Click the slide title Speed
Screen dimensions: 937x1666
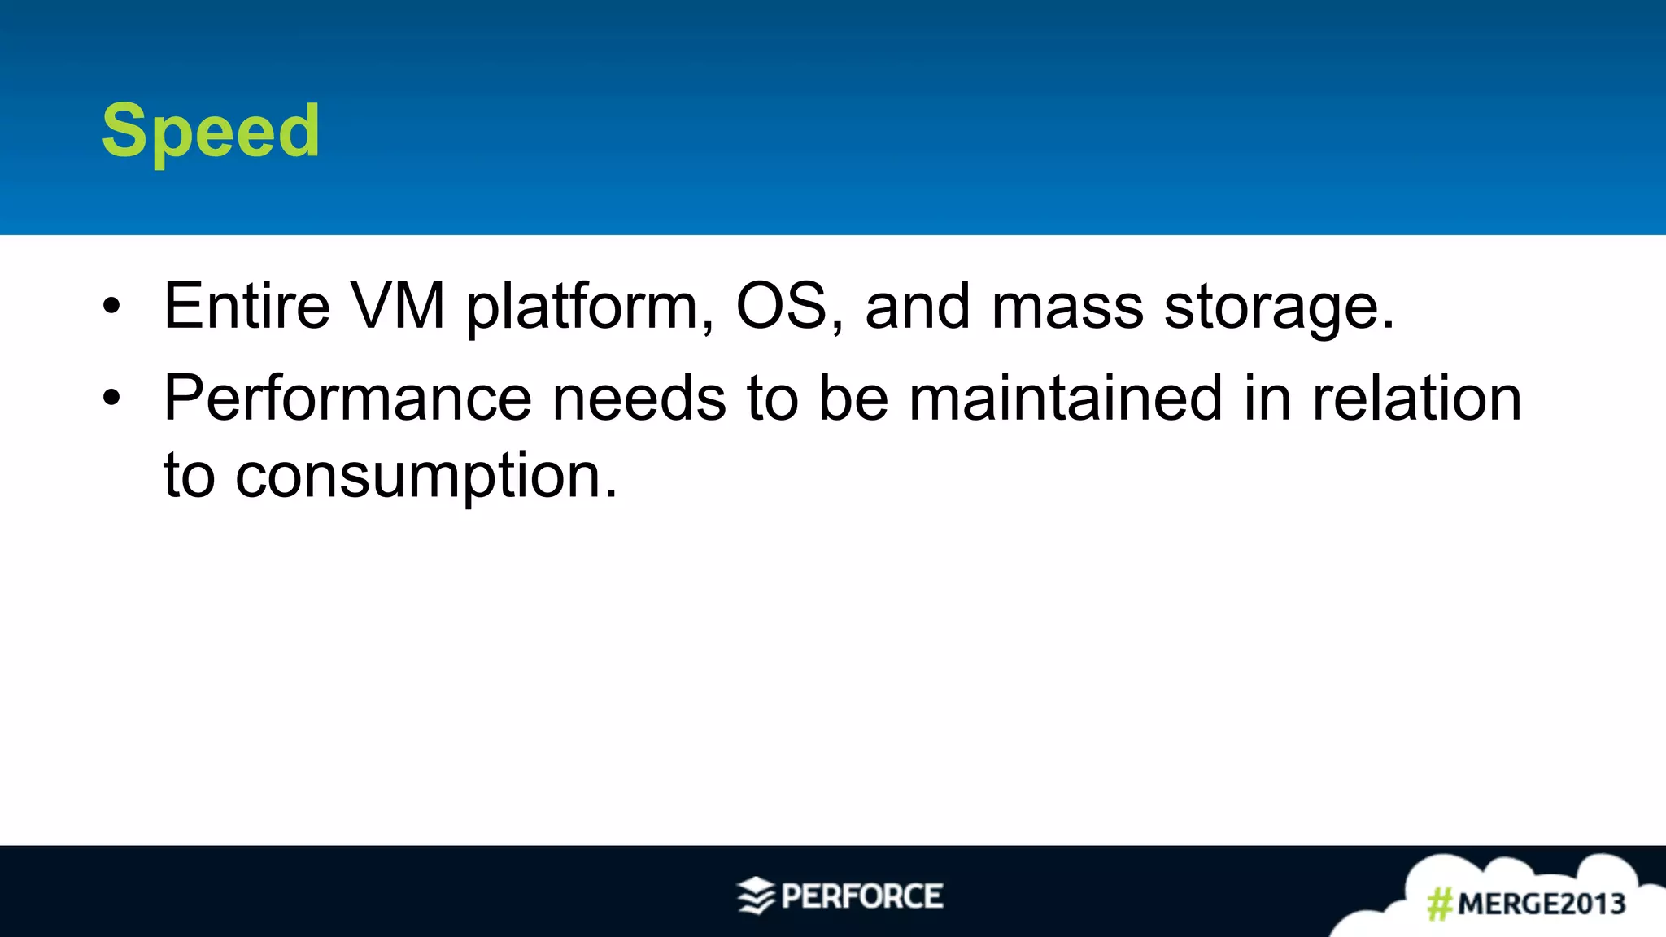pyautogui.click(x=211, y=132)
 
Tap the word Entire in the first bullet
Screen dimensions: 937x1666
pyautogui.click(x=246, y=307)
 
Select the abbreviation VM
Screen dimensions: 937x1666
pyautogui.click(x=398, y=307)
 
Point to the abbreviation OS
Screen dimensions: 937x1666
pyautogui.click(x=782, y=307)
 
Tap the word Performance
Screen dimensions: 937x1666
pyautogui.click(x=347, y=399)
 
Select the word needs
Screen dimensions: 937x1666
pyautogui.click(x=639, y=399)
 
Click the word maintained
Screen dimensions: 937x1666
pyautogui.click(x=1065, y=399)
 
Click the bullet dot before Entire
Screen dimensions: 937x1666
pyautogui.click(x=111, y=307)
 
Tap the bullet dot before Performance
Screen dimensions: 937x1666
pyautogui.click(x=111, y=399)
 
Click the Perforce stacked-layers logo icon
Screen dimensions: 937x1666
pyautogui.click(x=756, y=896)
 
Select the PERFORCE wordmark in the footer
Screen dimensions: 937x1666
pyautogui.click(x=862, y=896)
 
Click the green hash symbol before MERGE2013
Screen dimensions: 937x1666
pyautogui.click(x=1440, y=904)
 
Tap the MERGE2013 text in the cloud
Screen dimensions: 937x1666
pyautogui.click(x=1542, y=904)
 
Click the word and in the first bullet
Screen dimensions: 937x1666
pyautogui.click(x=918, y=307)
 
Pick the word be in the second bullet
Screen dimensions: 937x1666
pyautogui.click(x=853, y=399)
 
